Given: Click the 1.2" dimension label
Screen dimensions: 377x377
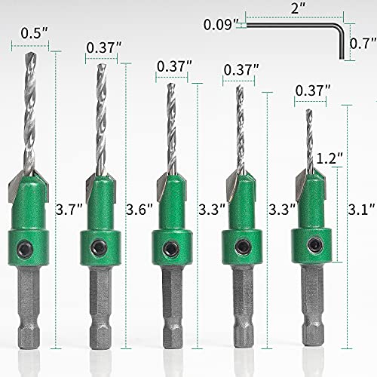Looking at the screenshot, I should click(326, 159).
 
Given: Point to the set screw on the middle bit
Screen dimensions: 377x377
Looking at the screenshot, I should click(169, 247).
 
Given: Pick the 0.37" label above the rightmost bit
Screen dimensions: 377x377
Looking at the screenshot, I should click(313, 90).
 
